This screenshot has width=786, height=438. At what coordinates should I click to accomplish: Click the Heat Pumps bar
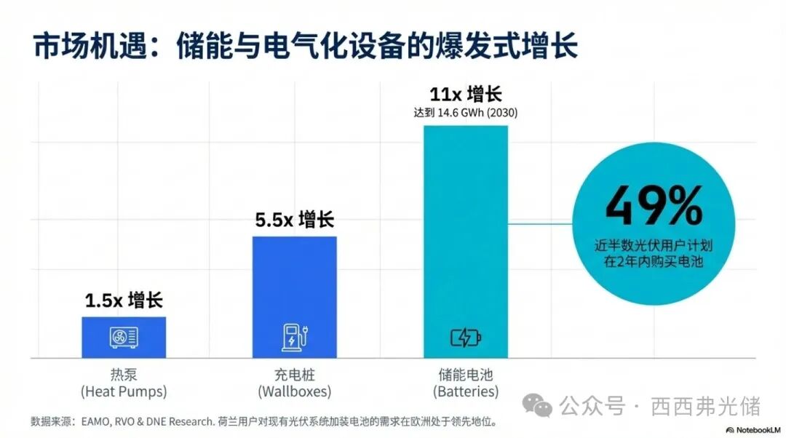click(x=124, y=337)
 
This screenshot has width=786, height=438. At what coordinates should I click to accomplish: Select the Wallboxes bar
click(x=295, y=297)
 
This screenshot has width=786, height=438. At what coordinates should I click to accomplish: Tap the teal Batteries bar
click(x=466, y=240)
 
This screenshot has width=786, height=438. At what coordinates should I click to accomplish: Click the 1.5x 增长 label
click(x=124, y=300)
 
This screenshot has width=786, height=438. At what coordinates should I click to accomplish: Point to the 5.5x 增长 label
click(x=295, y=220)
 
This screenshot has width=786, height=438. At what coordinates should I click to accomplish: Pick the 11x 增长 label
click(x=466, y=95)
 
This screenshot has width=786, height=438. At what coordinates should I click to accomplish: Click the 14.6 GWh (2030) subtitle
click(x=466, y=114)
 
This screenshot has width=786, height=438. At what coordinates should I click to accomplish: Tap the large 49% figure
click(x=654, y=206)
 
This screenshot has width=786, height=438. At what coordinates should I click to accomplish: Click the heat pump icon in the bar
click(x=124, y=337)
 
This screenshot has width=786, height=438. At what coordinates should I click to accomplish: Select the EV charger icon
click(x=294, y=337)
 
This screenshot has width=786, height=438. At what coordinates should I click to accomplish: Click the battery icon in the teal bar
click(x=466, y=337)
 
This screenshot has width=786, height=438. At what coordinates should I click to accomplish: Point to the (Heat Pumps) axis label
click(x=124, y=391)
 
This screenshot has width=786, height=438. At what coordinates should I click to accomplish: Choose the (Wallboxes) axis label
click(x=295, y=391)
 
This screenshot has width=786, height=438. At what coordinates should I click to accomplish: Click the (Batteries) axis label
click(x=466, y=391)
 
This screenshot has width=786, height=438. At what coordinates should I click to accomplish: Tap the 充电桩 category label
click(x=295, y=375)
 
